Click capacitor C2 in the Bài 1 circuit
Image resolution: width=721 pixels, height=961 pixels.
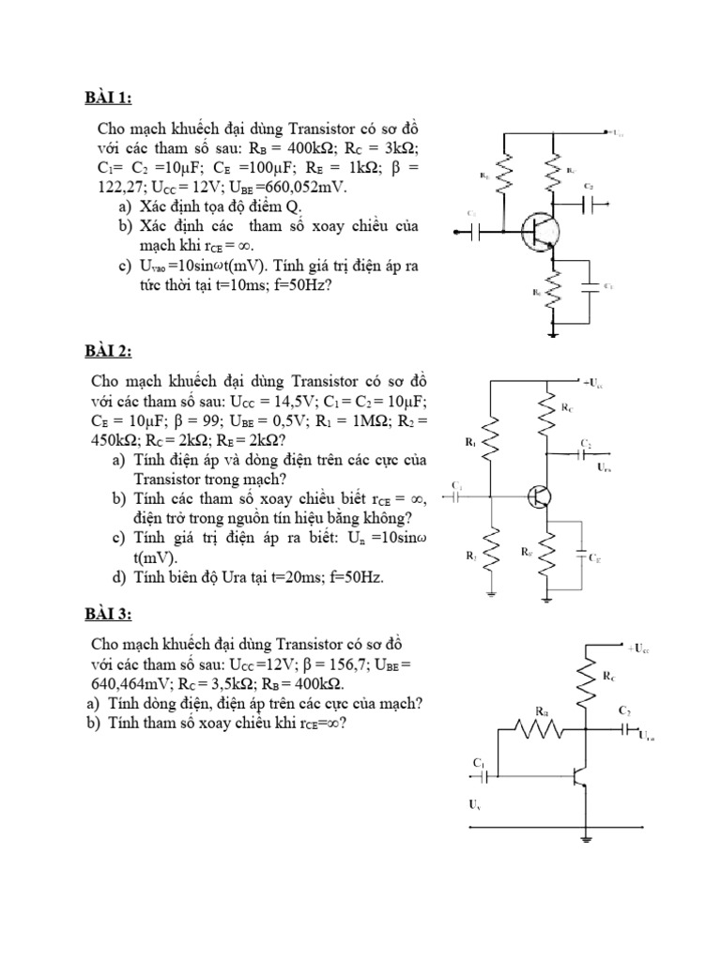[590, 202]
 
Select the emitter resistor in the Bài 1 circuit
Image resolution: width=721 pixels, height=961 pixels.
[556, 291]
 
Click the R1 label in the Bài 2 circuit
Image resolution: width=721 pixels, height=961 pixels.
[470, 440]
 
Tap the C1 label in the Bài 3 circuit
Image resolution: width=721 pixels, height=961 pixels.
[478, 765]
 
